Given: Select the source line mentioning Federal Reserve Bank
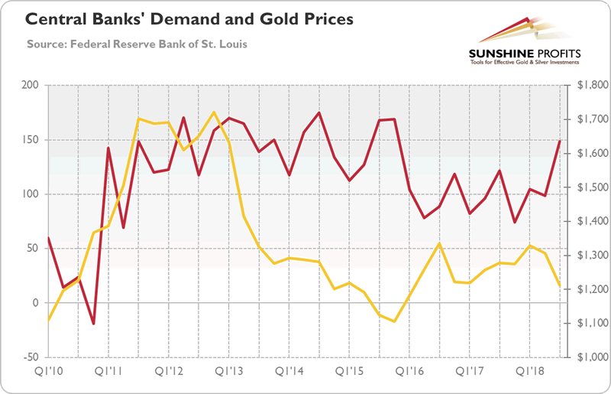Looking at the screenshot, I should [137, 43].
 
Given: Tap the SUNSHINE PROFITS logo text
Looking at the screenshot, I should [525, 54].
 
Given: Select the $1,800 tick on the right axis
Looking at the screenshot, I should [585, 85].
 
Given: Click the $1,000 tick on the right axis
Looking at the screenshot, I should [585, 357].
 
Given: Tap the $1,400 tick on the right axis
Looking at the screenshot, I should [585, 221].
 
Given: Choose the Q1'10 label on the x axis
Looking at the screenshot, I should [48, 373].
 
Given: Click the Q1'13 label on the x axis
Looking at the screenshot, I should [229, 373].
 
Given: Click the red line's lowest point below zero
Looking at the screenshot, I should [93, 324].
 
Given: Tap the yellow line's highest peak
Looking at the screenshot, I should [214, 112].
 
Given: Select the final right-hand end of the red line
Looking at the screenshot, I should [561, 141].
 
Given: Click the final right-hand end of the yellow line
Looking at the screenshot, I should [561, 286].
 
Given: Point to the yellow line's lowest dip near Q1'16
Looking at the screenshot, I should [394, 321].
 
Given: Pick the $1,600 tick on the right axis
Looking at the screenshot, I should [585, 153].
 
